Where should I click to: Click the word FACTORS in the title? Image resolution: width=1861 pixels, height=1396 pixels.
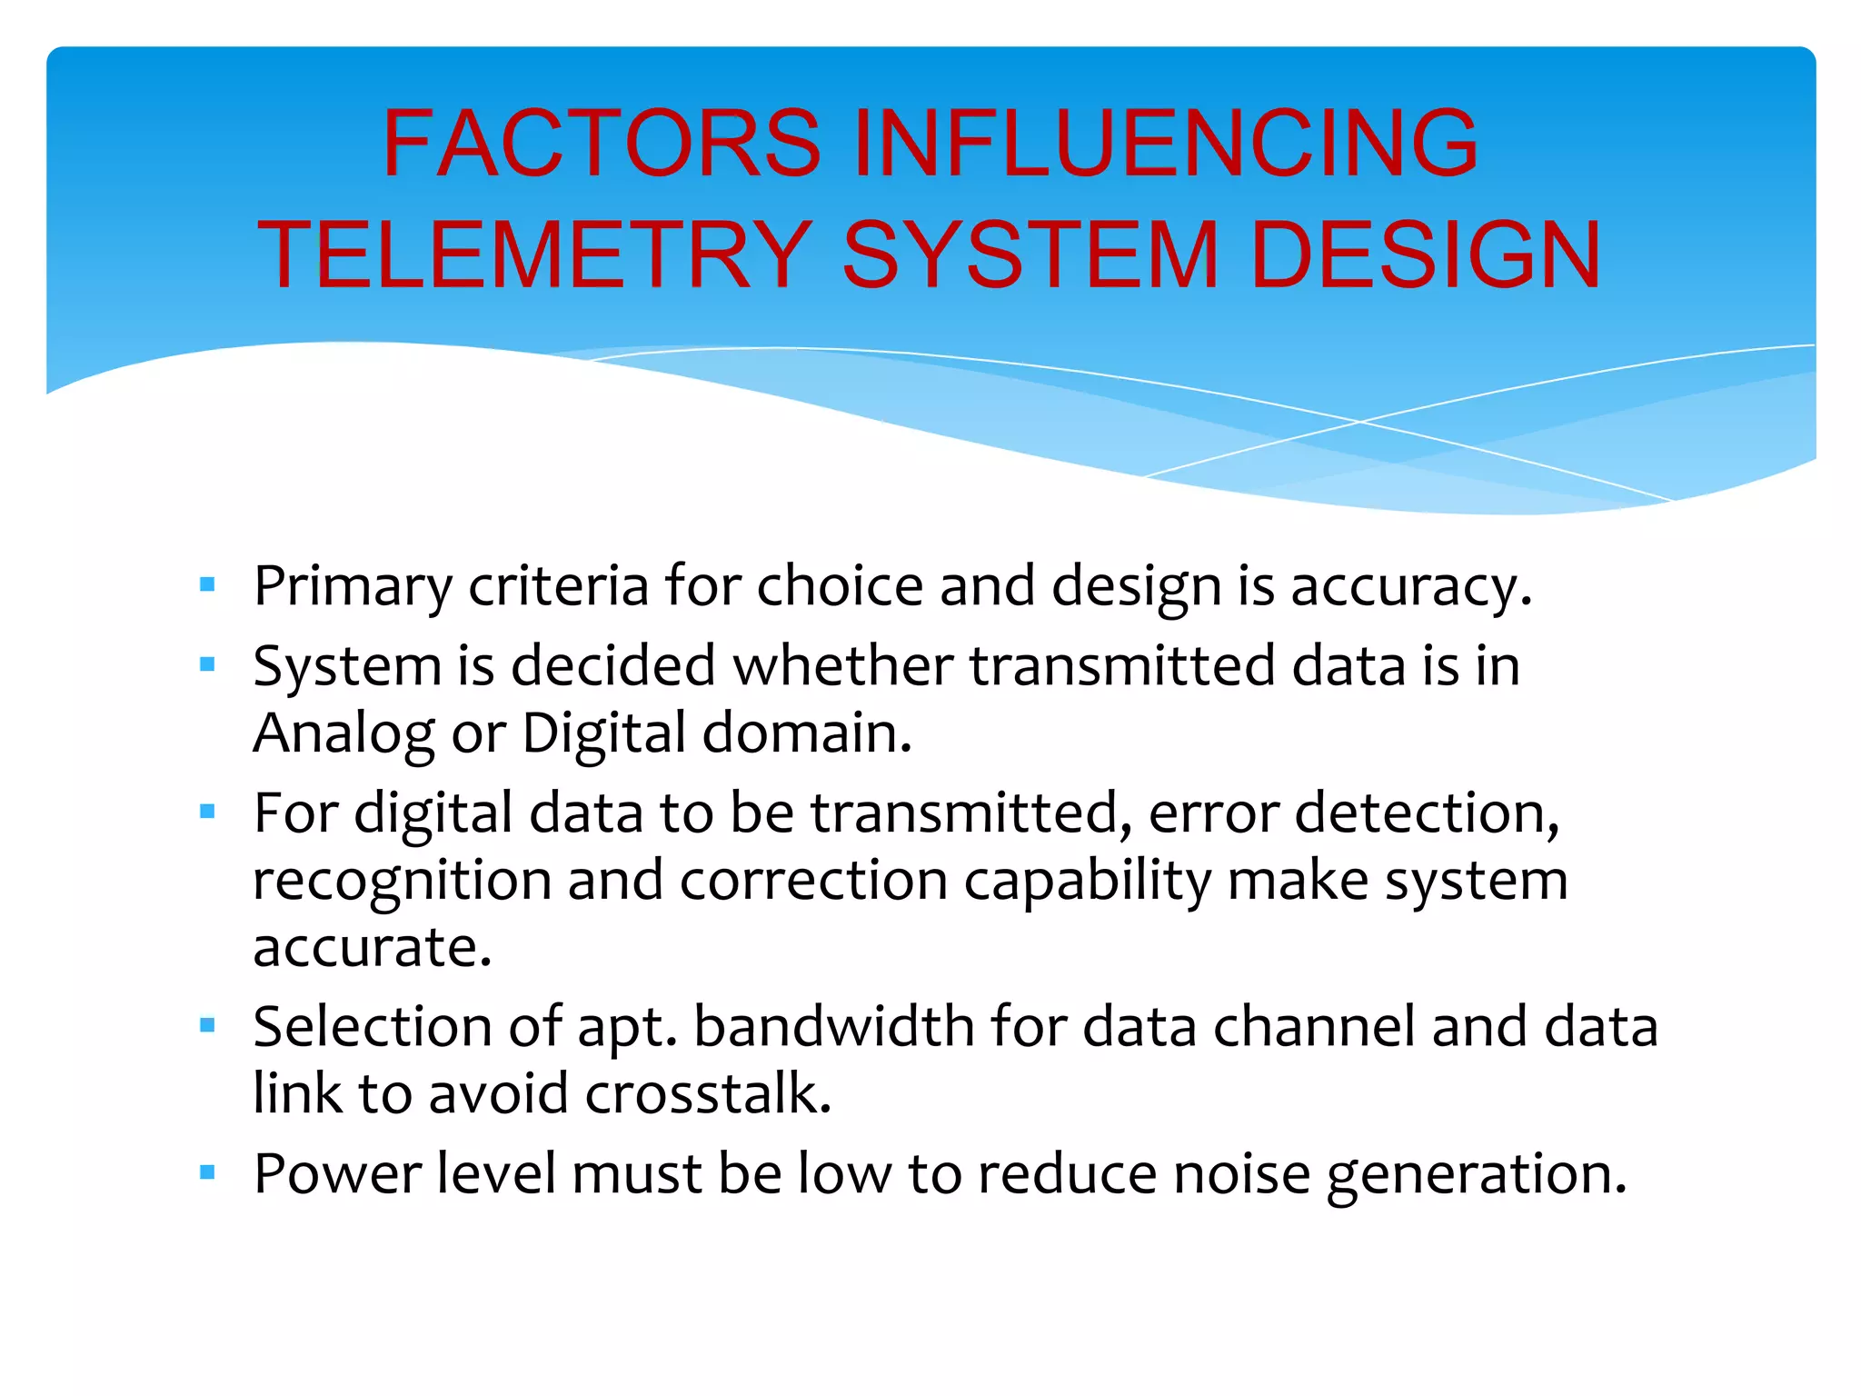tap(602, 144)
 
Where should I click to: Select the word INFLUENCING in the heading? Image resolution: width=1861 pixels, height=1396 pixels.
tap(1166, 144)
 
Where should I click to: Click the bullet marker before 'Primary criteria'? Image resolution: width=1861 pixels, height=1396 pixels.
tap(207, 584)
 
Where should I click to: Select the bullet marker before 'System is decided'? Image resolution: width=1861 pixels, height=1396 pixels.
tap(207, 664)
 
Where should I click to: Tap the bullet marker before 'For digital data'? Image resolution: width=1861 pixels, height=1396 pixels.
tap(207, 812)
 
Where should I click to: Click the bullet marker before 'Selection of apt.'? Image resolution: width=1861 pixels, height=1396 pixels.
tap(207, 1026)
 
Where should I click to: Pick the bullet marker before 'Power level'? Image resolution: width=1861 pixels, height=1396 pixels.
tap(207, 1172)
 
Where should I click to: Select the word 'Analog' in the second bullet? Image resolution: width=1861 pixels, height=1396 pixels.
tap(343, 734)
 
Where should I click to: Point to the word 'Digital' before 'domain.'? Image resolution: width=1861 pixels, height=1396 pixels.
tap(603, 734)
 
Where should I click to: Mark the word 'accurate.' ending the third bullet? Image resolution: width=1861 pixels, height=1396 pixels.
tap(373, 949)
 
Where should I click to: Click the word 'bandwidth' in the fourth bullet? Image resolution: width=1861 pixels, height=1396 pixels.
tap(833, 1027)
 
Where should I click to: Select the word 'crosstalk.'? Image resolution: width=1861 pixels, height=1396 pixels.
tap(708, 1094)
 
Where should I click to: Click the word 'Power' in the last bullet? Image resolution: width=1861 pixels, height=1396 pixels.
tap(337, 1174)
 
